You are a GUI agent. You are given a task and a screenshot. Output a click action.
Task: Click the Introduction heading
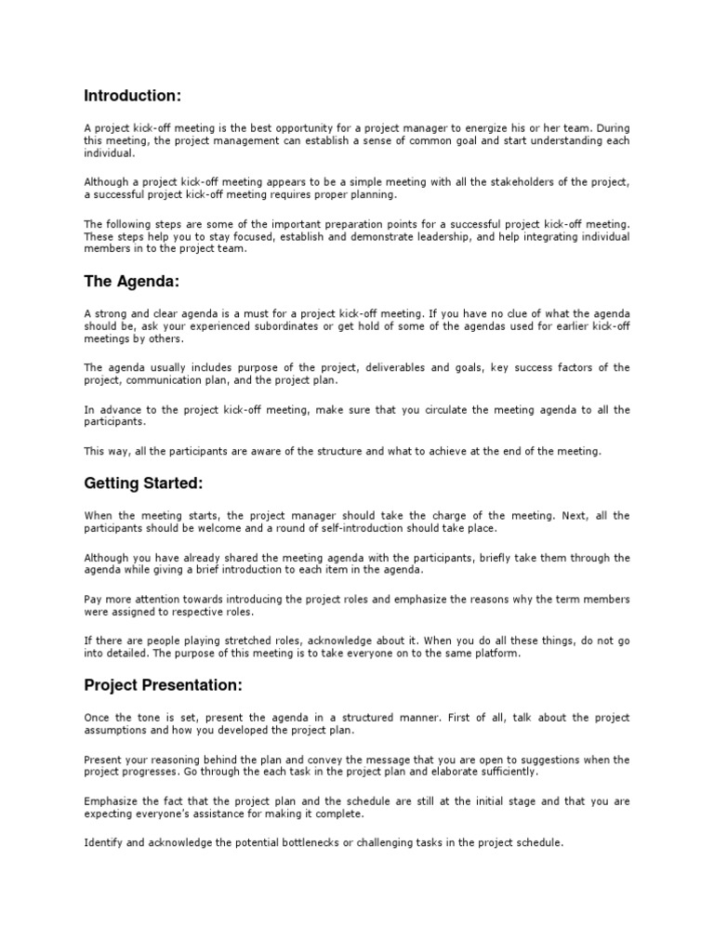132,95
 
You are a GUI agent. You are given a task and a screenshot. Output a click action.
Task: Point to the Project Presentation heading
163,685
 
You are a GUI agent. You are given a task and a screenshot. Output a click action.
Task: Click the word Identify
102,843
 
